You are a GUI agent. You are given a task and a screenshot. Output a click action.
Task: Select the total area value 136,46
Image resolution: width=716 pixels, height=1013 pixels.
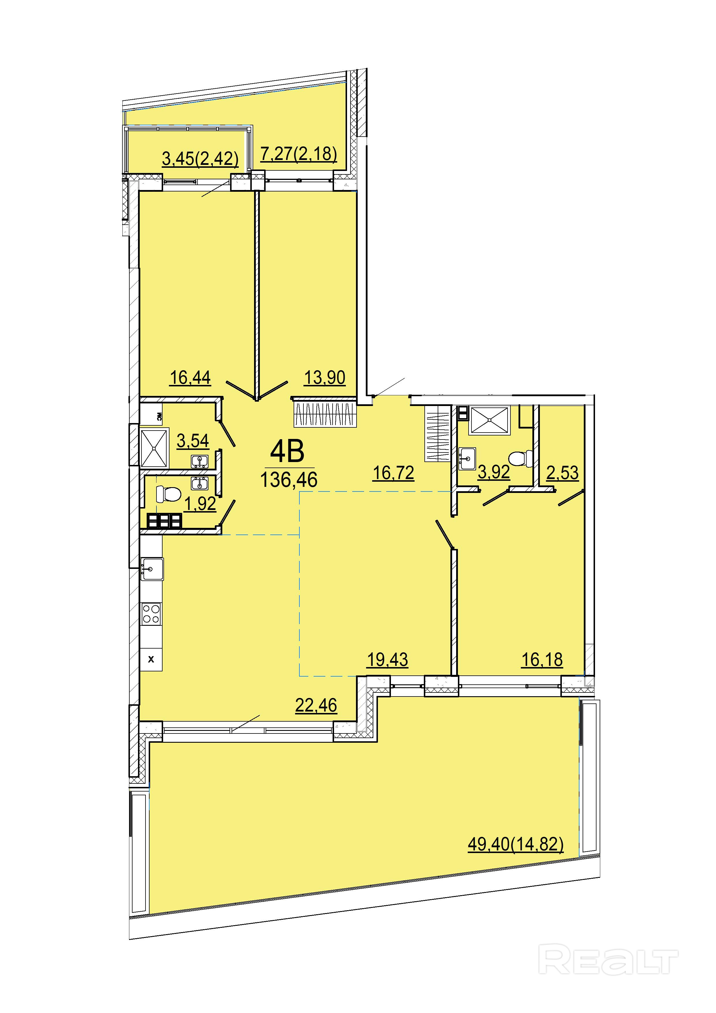coord(289,480)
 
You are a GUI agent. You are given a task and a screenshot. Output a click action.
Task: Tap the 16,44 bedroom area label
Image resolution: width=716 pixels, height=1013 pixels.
coord(191,378)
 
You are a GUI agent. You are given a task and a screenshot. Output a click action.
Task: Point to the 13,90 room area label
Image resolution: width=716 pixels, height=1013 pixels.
coord(325,378)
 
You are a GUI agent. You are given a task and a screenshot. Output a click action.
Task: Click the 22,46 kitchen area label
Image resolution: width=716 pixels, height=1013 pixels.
coord(316,705)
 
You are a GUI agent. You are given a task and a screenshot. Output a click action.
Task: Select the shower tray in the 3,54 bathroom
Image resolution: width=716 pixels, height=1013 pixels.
coord(154,448)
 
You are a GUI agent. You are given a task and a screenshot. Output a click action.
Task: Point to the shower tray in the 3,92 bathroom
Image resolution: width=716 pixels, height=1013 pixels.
coord(490,420)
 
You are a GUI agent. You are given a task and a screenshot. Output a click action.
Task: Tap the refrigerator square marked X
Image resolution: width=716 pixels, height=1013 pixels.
coord(151,660)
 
